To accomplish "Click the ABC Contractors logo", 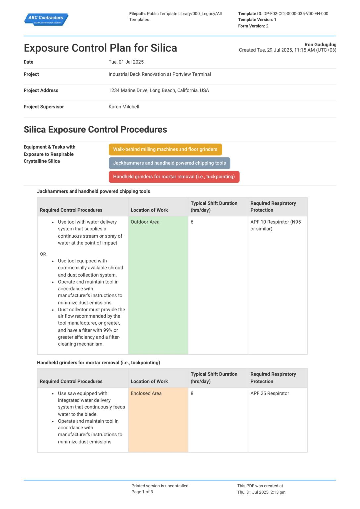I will tap(46, 19).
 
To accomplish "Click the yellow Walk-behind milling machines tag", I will tap(165, 149).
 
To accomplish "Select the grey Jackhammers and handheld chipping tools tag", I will tap(169, 163).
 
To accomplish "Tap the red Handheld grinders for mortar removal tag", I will tap(174, 177).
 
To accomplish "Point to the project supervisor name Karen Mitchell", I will tap(124, 107).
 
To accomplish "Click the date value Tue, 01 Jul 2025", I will tap(126, 62).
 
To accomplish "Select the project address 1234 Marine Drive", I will tap(159, 90).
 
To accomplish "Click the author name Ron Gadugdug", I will tap(320, 44).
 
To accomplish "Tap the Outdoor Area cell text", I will tap(145, 222).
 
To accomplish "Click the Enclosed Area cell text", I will tap(146, 393).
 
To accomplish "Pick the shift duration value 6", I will tap(192, 222).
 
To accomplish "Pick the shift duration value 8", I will tap(192, 393).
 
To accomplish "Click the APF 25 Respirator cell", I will tap(270, 393).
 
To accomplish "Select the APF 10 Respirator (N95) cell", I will tap(276, 225).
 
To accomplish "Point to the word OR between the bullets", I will tap(43, 254).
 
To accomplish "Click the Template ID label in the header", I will tap(250, 14).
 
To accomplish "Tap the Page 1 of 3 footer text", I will tap(142, 492).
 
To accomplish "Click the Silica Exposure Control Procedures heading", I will tap(95, 129).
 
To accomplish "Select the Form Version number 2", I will tap(267, 26).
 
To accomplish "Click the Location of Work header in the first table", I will tap(149, 210).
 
